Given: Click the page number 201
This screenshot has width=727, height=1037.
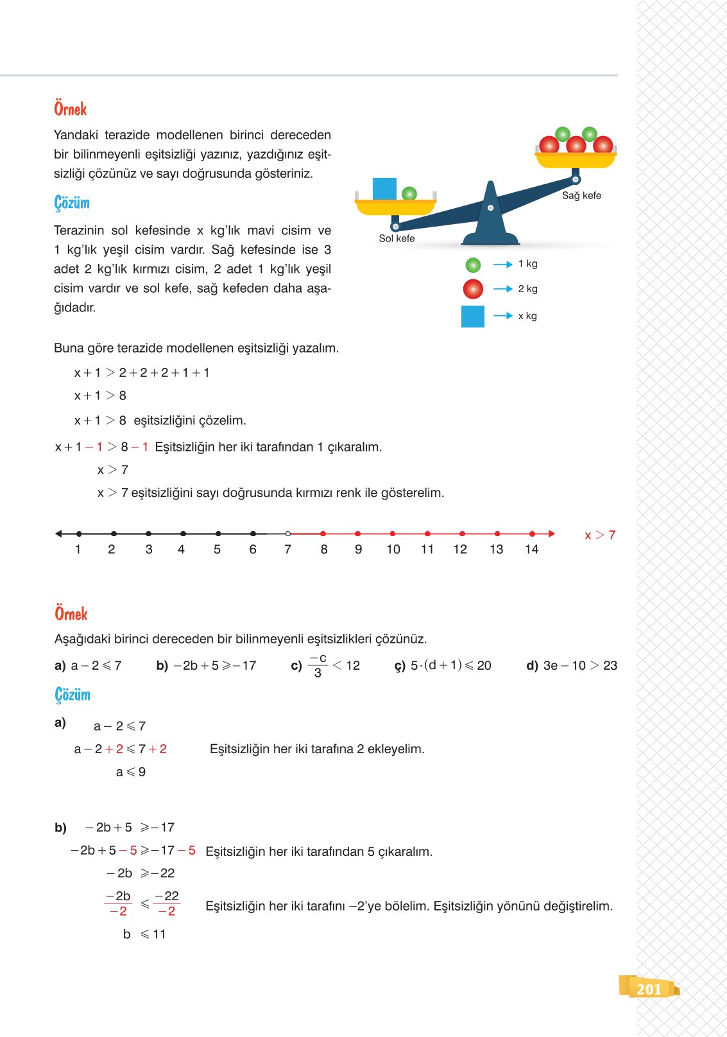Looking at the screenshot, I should [649, 989].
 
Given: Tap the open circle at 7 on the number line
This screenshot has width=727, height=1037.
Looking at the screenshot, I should [288, 534].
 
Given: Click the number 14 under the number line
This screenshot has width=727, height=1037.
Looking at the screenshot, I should [531, 550].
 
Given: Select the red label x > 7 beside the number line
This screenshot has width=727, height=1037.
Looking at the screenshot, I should [600, 535].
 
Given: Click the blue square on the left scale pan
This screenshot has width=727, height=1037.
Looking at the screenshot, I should [384, 189].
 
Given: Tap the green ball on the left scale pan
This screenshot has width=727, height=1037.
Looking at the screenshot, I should [409, 193].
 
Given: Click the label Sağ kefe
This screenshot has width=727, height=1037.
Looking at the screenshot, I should [581, 196].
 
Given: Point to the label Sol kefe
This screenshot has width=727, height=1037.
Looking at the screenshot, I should [397, 239].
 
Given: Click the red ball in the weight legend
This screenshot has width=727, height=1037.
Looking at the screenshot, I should [473, 289].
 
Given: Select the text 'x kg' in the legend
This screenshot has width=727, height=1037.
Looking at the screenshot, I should [527, 316].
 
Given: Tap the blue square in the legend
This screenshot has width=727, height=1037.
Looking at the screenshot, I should [473, 317].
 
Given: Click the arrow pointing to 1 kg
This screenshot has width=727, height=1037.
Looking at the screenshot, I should [502, 265].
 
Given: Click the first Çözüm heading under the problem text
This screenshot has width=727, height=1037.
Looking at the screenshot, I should [72, 203].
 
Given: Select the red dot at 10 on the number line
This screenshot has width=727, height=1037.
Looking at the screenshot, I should [393, 534].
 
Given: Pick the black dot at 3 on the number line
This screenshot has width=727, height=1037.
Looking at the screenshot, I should [148, 534].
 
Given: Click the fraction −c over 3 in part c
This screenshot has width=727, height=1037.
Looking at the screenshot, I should [318, 666].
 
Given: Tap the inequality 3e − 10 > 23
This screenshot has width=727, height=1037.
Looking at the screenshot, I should [579, 666].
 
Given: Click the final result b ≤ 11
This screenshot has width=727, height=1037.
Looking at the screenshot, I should [144, 934].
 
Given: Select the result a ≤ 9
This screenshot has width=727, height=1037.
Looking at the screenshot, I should [131, 772].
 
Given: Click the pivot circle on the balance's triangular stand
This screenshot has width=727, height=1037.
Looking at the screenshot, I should [491, 208].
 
